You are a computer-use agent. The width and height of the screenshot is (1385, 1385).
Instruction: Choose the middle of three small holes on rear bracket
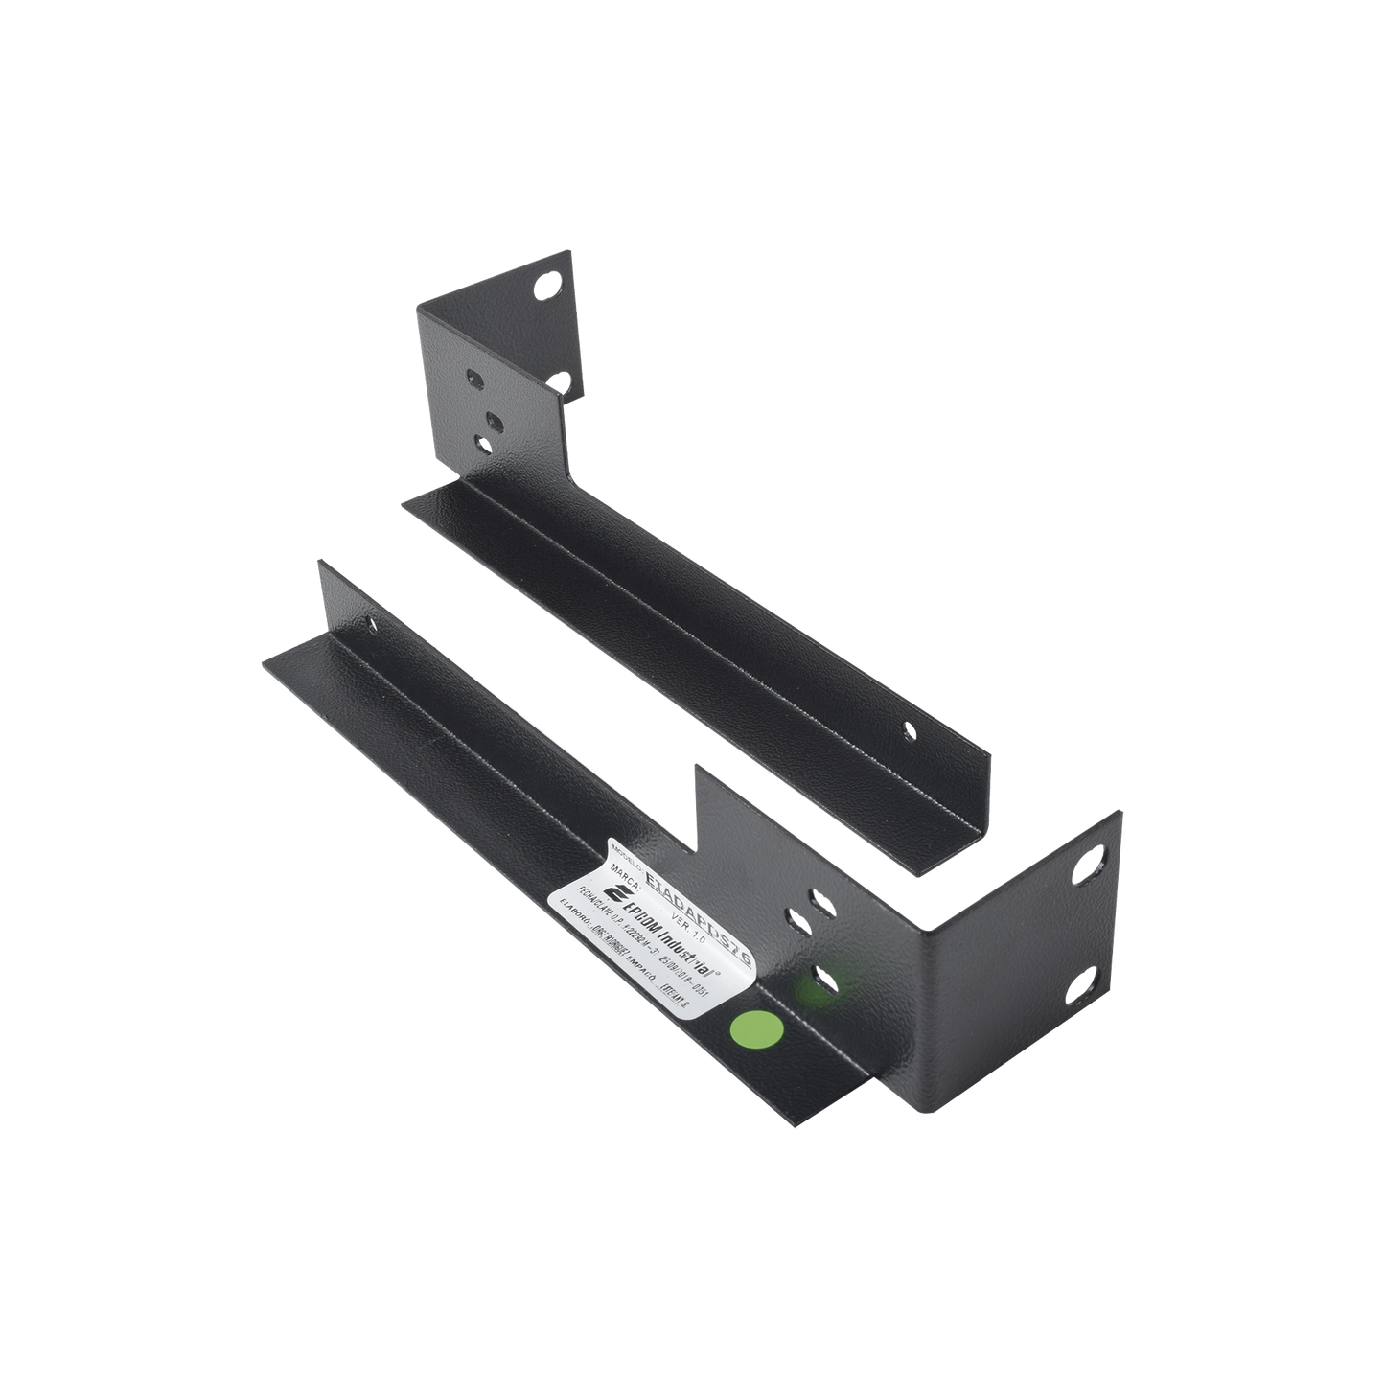pos(494,419)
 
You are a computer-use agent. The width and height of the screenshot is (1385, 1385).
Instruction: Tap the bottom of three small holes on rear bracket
pos(483,442)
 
